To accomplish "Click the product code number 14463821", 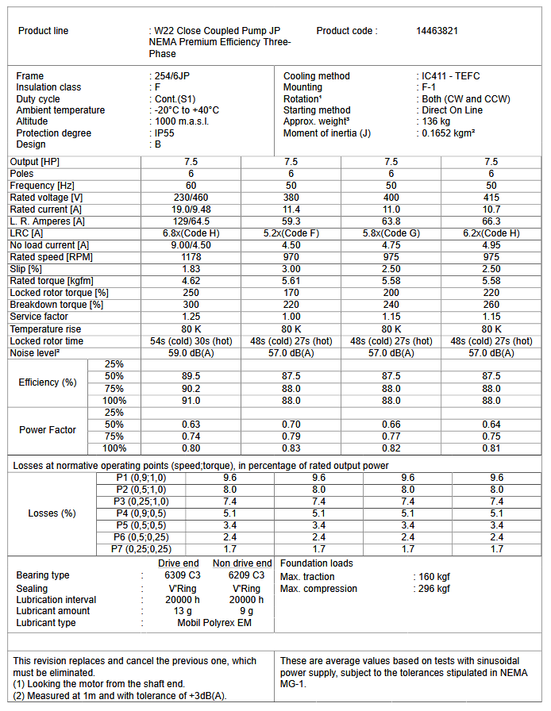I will tap(437, 31).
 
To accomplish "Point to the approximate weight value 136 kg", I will tap(436, 121).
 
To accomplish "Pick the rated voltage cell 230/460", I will tap(191, 197).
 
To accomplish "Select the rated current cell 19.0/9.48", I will tap(191, 209).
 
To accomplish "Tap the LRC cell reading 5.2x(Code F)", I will tap(291, 233).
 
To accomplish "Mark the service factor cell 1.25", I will tap(191, 317).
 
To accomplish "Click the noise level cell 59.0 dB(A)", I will tap(191, 352).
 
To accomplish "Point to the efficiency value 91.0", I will tap(191, 401).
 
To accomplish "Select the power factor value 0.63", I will tap(191, 425).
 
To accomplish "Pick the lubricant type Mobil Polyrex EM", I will tap(213, 623).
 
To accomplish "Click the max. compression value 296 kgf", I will tap(433, 589).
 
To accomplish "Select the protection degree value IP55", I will tap(166, 133).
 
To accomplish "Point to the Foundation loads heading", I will tap(317, 563).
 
